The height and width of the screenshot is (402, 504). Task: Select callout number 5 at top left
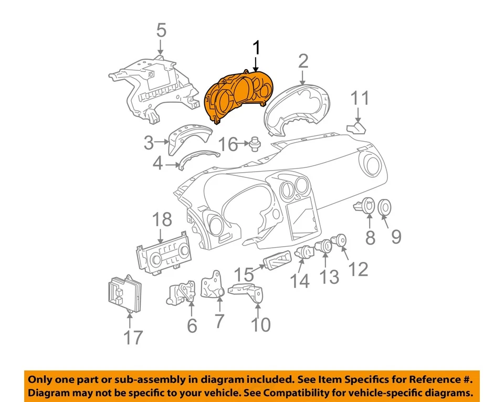click(x=161, y=30)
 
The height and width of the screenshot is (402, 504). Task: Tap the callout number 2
click(x=303, y=62)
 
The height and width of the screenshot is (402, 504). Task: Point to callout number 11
click(x=360, y=98)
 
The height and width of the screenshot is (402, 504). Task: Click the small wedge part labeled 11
click(x=358, y=128)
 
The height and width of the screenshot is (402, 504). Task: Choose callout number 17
click(x=133, y=337)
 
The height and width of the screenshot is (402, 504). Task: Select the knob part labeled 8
click(x=368, y=206)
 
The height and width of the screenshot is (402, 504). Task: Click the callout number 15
click(x=244, y=274)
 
